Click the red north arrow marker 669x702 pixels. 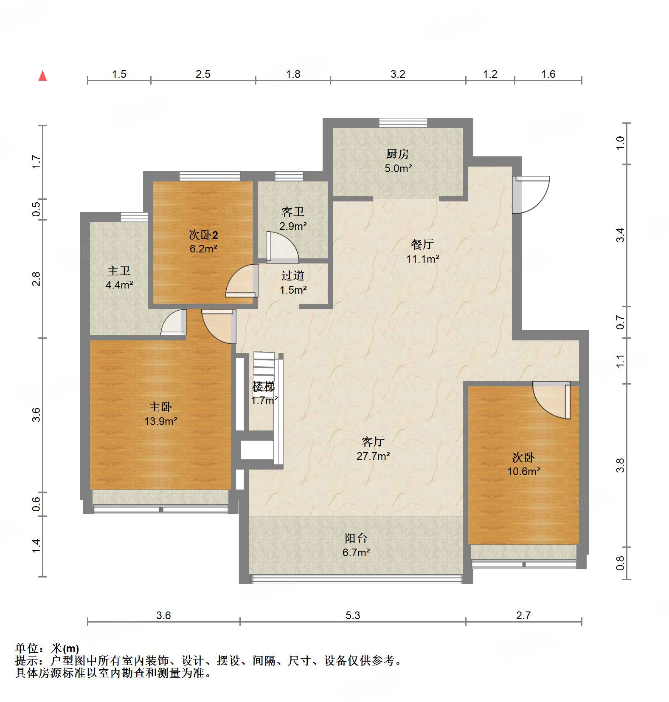[x=42, y=76]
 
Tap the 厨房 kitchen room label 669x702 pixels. [x=397, y=154]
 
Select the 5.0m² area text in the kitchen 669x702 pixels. [x=398, y=168]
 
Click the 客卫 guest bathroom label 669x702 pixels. [x=292, y=212]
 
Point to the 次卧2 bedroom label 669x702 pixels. [x=203, y=235]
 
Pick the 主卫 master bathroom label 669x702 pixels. [x=118, y=271]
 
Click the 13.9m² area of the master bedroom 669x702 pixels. [x=160, y=421]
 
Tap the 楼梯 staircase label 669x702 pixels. [x=264, y=386]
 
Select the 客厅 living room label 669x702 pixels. [x=373, y=442]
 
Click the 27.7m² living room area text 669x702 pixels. [x=373, y=456]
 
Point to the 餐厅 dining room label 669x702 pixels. [x=422, y=244]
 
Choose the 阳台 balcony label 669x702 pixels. [x=356, y=538]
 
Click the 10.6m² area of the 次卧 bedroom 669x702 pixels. [x=523, y=471]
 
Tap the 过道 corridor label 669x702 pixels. [x=292, y=275]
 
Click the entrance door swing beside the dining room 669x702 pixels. [x=531, y=195]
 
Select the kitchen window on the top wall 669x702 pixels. [x=403, y=122]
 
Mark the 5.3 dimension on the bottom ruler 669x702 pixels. [x=352, y=615]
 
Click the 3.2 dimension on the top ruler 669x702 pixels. [x=398, y=74]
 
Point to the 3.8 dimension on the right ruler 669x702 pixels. [x=620, y=465]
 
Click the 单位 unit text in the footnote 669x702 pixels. [x=27, y=648]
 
